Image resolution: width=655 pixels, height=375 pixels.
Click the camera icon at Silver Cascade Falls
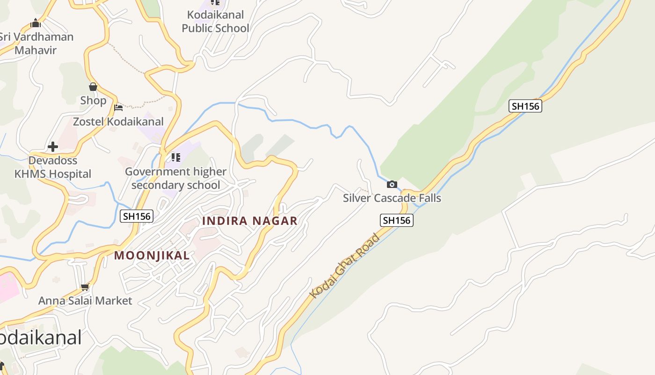point(392,185)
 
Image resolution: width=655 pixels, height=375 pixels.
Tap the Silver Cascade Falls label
point(392,198)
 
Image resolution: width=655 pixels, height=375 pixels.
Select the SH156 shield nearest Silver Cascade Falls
point(397,220)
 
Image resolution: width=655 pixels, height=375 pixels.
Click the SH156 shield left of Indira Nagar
point(137,216)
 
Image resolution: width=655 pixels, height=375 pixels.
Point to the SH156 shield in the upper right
point(525,106)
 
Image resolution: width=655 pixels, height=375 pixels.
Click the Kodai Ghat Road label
point(345,266)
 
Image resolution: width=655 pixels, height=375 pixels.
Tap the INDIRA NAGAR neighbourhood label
point(250,221)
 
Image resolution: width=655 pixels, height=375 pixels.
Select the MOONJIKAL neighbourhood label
point(152,255)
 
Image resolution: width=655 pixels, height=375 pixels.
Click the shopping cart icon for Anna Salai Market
point(85,287)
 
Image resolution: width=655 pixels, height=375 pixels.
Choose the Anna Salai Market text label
point(85,300)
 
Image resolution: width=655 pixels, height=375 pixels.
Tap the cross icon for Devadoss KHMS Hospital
point(53,147)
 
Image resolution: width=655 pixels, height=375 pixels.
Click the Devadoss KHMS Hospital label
point(53,167)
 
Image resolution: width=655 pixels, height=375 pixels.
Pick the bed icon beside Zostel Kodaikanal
point(118,108)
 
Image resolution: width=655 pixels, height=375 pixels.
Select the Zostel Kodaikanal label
point(118,122)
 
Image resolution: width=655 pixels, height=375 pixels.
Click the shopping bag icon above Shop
point(93,87)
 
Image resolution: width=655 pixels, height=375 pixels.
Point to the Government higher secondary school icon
point(176,157)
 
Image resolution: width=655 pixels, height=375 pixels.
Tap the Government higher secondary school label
point(176,178)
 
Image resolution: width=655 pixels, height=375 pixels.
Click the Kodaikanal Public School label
point(215,22)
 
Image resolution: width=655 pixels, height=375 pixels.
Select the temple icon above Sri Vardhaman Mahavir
point(36,23)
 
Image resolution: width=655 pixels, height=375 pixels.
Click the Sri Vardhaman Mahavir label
point(36,44)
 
